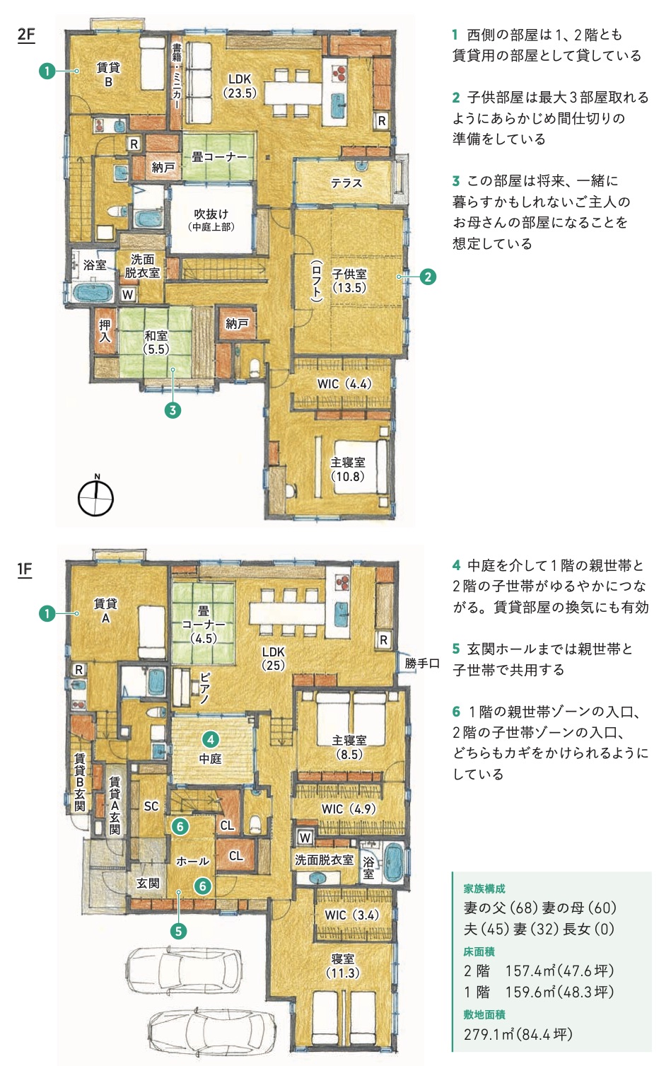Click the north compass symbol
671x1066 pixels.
click(95, 497)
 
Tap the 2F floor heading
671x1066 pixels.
click(26, 35)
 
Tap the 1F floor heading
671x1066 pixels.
click(25, 569)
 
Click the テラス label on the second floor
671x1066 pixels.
click(346, 183)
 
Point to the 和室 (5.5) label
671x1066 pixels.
click(156, 342)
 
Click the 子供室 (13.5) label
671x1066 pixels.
click(349, 281)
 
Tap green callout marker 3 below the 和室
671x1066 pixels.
click(173, 410)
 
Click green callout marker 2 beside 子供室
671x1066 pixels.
click(428, 277)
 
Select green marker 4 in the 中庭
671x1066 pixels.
click(211, 739)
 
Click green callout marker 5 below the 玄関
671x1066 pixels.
click(178, 930)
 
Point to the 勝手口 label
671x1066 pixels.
click(422, 664)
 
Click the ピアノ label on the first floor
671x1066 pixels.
click(204, 688)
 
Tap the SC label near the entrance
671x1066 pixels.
click(151, 806)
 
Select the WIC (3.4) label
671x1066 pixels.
click(352, 915)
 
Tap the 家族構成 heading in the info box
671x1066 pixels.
click(484, 888)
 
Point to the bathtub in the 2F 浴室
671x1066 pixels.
click(93, 292)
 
